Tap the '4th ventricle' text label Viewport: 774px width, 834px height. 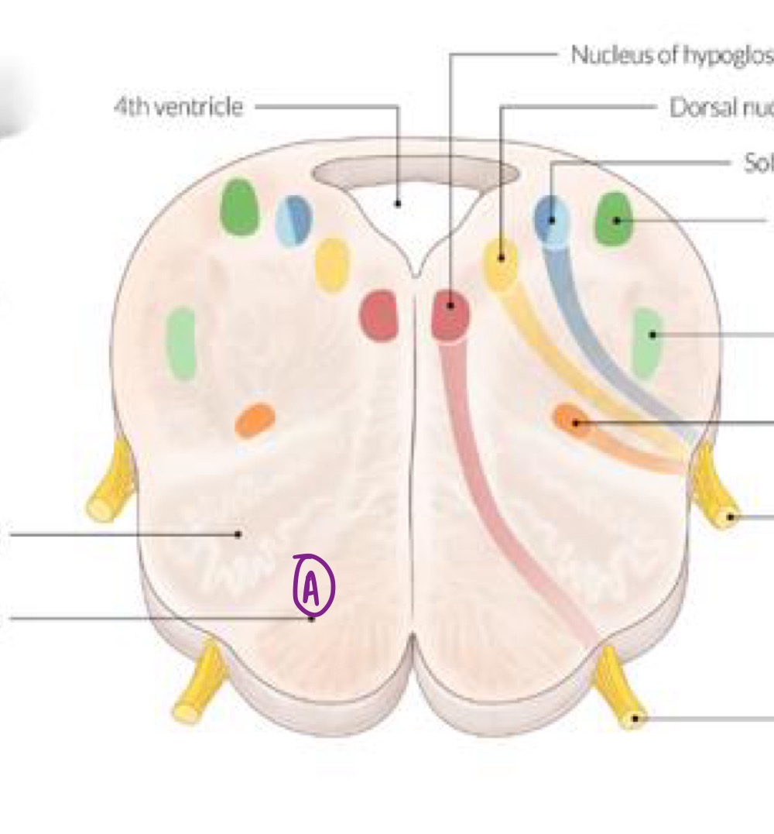point(178,107)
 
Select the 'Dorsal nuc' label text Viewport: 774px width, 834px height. point(721,108)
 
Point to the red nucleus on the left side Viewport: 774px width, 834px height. point(378,315)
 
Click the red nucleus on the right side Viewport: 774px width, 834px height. point(450,315)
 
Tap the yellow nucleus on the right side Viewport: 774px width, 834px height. point(501,263)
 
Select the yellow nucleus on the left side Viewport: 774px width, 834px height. point(332,265)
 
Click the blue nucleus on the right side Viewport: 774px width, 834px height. point(553,221)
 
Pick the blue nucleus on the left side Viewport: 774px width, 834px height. point(294,221)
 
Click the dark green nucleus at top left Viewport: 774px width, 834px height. point(239,207)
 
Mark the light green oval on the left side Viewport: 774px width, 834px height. point(181,342)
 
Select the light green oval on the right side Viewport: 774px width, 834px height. point(647,341)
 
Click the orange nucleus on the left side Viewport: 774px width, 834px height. point(255,420)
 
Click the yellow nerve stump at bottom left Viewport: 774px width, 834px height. point(197,685)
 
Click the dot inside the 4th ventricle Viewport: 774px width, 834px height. point(398,204)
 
